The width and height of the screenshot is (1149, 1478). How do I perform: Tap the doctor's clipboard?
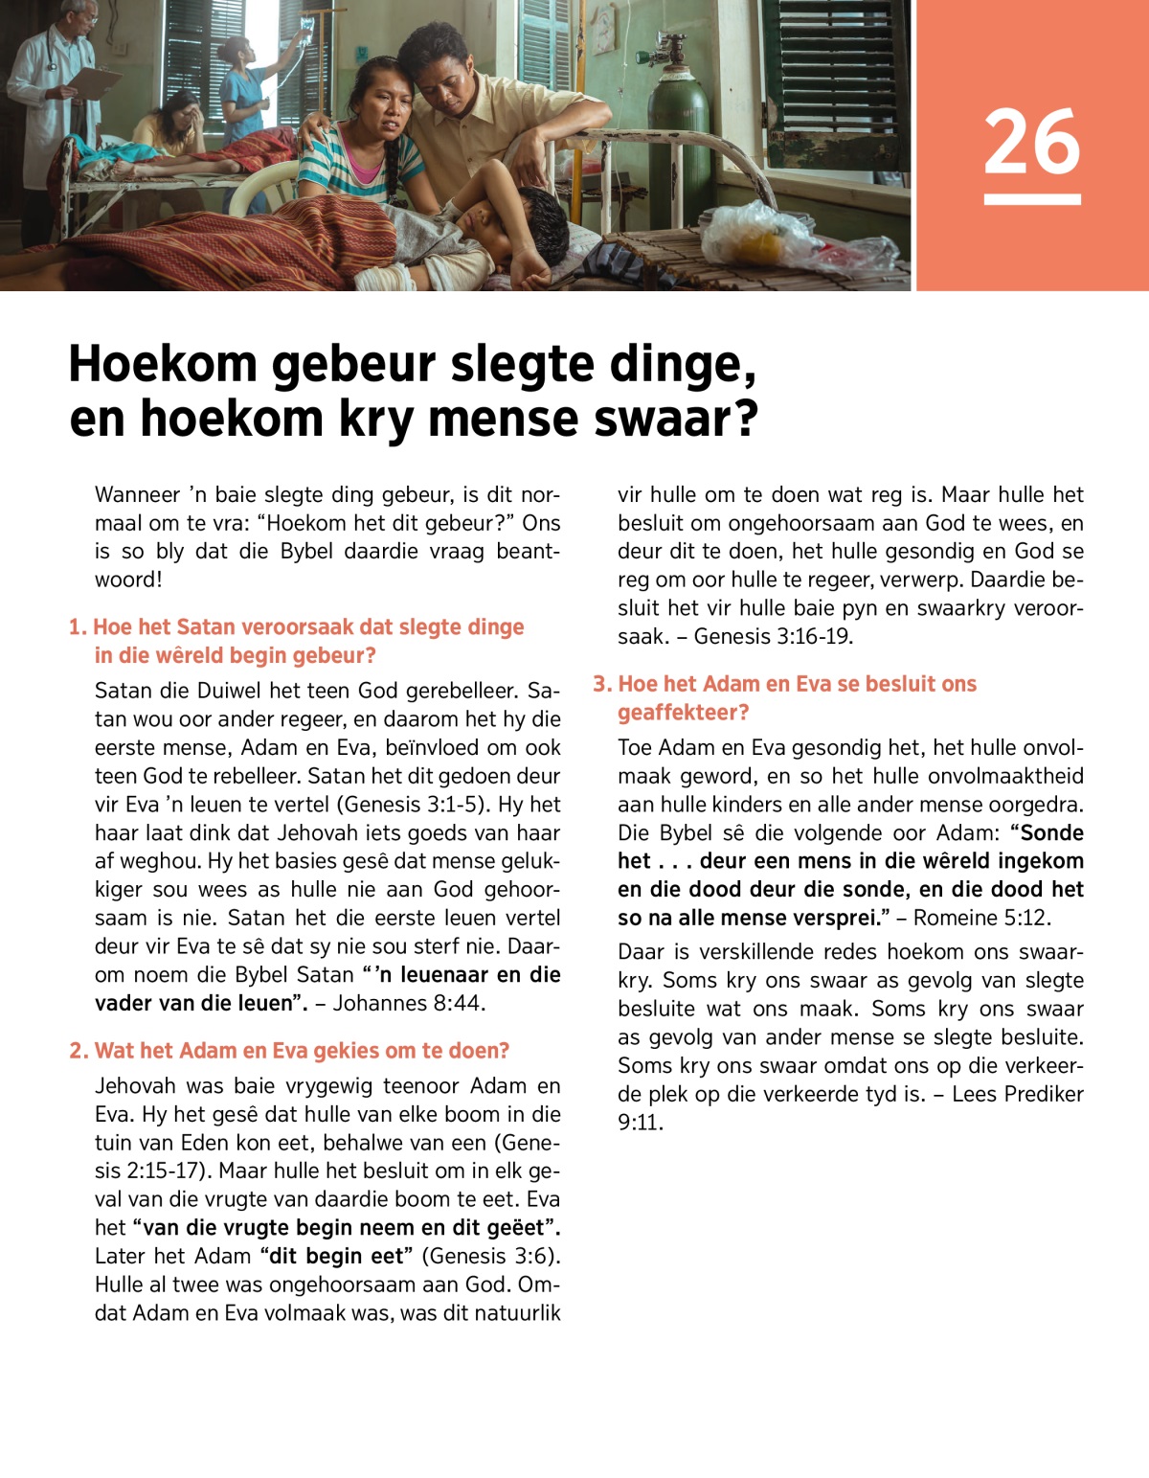[96, 82]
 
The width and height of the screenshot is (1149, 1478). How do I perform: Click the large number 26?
[1032, 142]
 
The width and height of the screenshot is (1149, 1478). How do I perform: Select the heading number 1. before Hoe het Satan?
[78, 627]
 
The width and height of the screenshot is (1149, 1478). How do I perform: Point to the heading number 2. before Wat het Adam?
[79, 1051]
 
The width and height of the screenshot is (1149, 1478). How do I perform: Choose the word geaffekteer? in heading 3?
[683, 713]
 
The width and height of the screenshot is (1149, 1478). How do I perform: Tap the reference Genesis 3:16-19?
[773, 636]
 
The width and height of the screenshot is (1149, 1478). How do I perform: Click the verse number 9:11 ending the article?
[640, 1123]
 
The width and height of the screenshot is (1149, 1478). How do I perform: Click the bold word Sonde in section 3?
[1051, 832]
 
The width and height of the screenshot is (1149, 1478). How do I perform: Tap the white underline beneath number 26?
[1032, 199]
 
